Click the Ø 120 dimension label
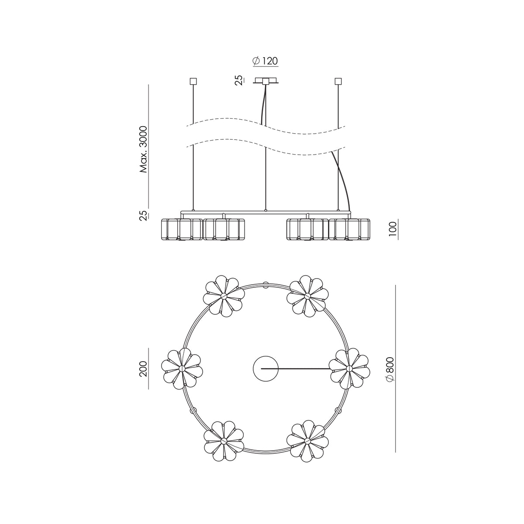(265, 61)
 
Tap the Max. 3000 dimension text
(143, 149)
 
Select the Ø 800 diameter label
(390, 369)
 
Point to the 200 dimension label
(143, 369)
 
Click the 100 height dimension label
(393, 229)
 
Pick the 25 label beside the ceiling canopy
(239, 80)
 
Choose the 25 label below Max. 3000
(143, 215)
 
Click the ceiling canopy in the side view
(265, 81)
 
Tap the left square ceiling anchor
(193, 81)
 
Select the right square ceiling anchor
(338, 81)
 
